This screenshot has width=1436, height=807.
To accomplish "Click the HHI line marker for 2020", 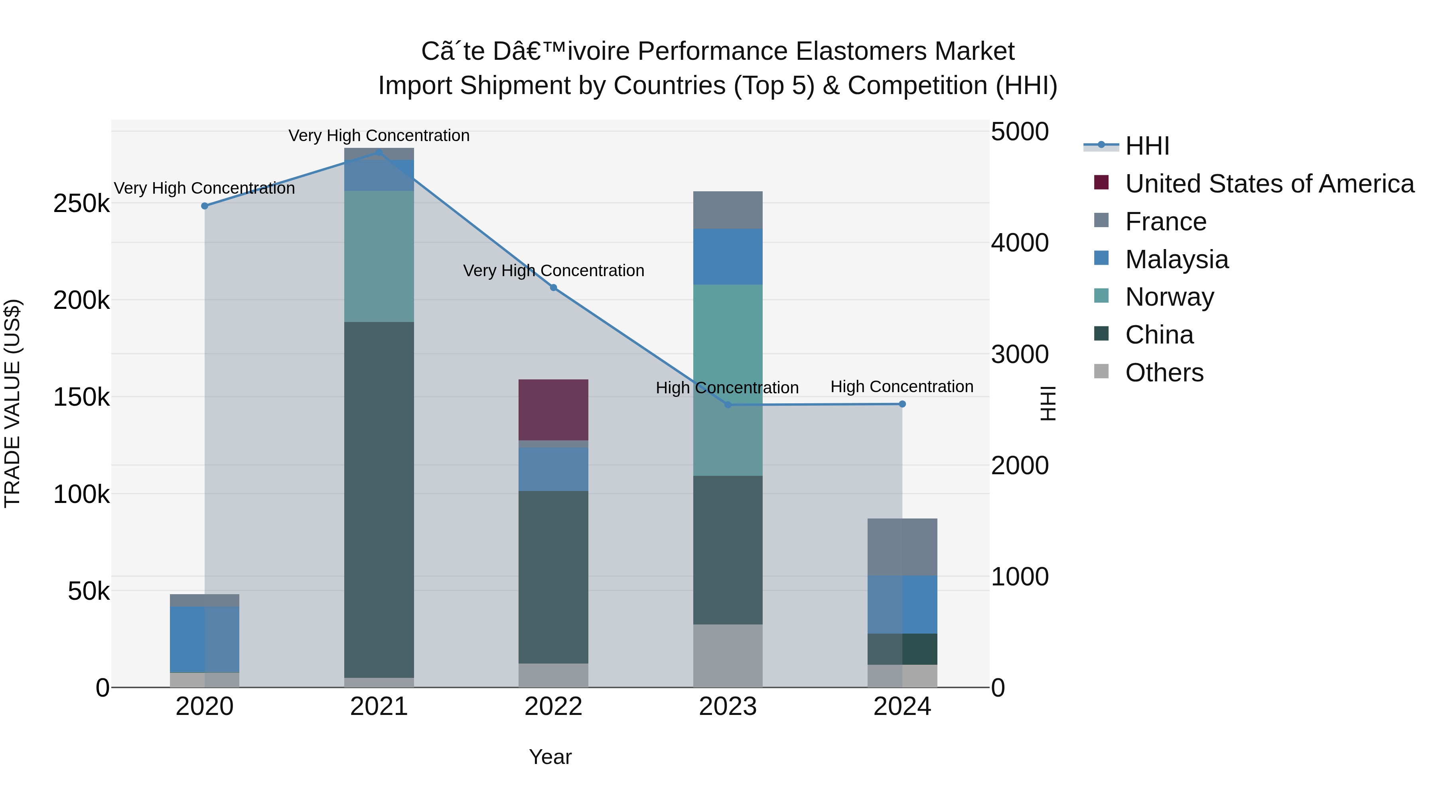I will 205,206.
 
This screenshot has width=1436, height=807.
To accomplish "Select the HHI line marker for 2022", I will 554,288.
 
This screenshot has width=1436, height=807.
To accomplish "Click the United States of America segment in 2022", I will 554,410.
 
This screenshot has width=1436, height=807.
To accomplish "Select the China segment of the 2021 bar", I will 379,500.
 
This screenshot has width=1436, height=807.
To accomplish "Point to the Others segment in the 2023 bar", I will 728,656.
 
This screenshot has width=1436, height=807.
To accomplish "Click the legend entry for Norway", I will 1169,297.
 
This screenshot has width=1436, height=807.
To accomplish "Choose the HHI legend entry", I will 1147,146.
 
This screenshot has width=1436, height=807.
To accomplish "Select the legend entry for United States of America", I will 1269,184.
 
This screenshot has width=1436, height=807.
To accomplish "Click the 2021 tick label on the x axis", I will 379,707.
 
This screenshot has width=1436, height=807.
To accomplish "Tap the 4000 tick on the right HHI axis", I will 1020,243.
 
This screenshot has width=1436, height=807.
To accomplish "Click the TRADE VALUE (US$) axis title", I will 12,403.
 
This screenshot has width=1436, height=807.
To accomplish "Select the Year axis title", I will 550,757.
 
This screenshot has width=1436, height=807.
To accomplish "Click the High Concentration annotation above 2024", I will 901,387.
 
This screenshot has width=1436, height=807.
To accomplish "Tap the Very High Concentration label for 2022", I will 554,271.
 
